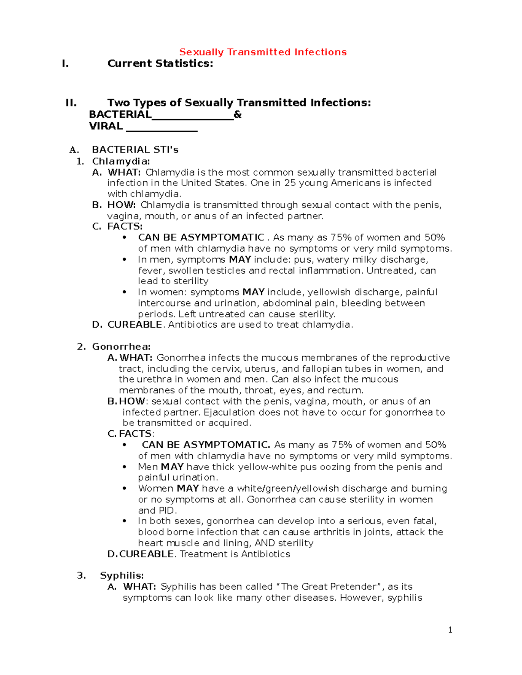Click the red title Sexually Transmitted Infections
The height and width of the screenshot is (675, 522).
click(263, 52)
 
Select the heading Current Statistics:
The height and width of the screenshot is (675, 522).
click(160, 63)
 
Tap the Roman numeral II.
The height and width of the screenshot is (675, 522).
click(71, 103)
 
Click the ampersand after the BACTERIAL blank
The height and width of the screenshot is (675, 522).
click(238, 115)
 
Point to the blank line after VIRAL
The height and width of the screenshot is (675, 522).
click(161, 127)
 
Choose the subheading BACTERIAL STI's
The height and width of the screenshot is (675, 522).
click(135, 150)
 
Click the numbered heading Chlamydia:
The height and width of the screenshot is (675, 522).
click(121, 161)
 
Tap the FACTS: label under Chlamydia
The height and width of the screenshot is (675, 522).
click(125, 226)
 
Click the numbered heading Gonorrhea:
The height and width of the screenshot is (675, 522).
click(121, 347)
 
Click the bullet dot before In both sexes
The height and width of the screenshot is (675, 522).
click(125, 521)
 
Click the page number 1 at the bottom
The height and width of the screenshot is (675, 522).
click(450, 630)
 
